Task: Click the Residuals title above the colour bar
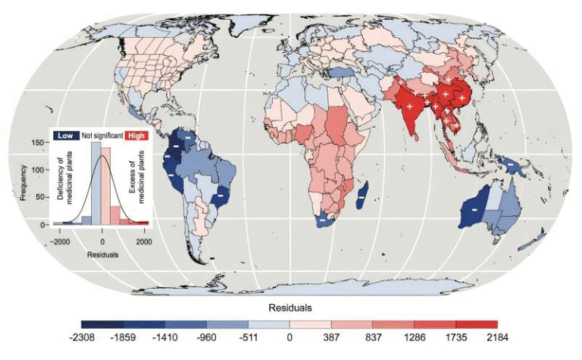(290, 308)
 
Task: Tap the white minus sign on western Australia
(474, 207)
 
